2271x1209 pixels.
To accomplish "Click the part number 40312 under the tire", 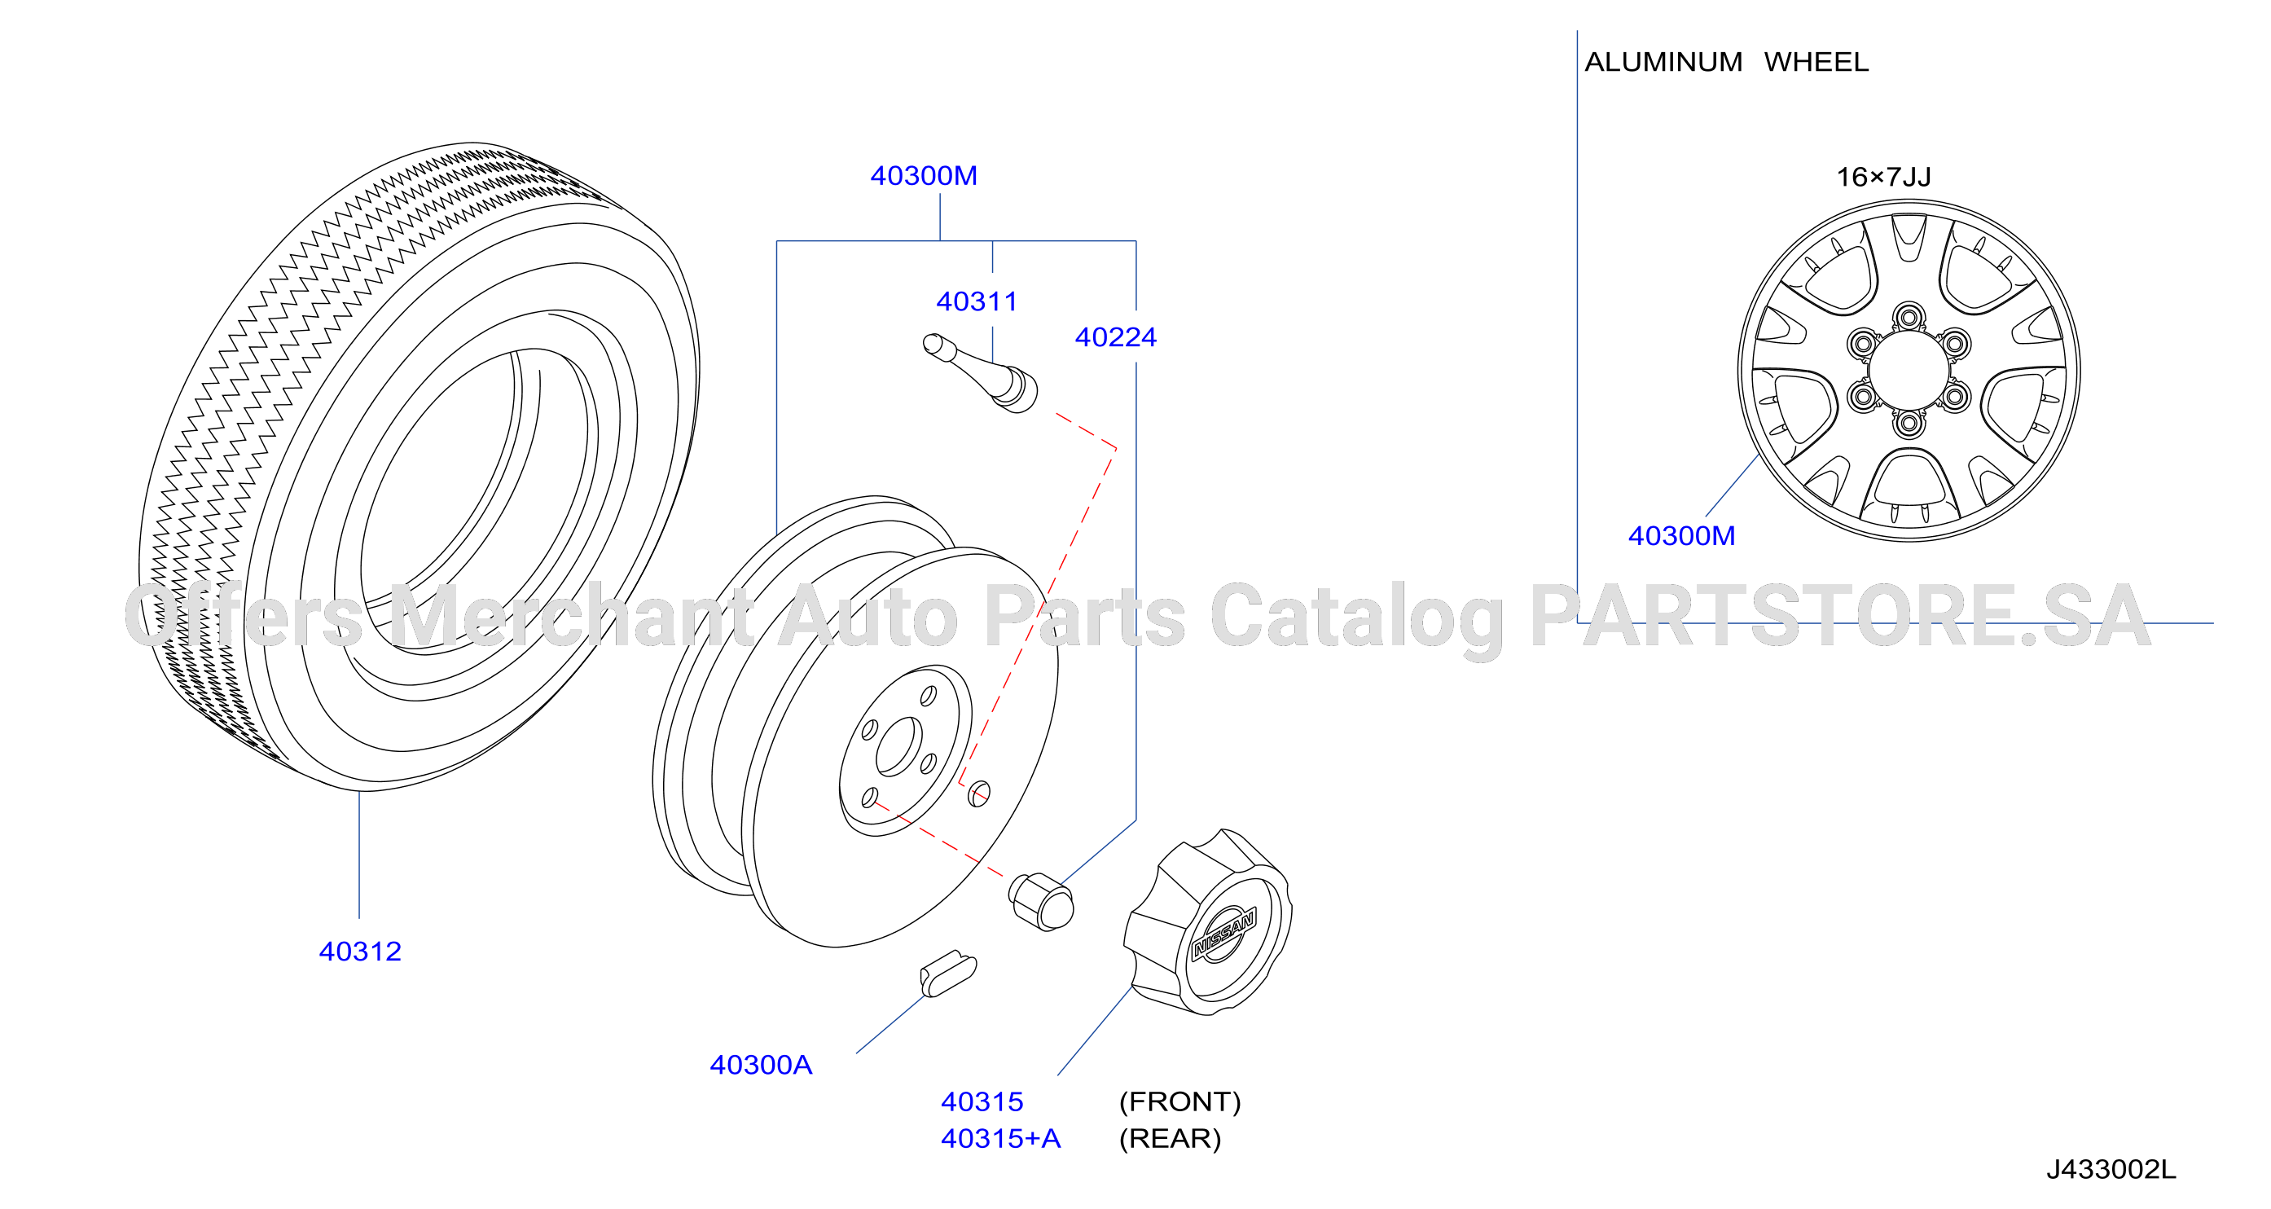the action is tap(360, 952).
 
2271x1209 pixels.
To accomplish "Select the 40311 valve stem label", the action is tap(977, 301).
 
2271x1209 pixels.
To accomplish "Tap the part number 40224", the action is tap(1115, 336).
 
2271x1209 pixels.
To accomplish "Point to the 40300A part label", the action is tap(761, 1066).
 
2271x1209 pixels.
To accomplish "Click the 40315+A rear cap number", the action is tap(1000, 1138).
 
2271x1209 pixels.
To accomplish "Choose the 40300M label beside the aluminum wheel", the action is tap(1681, 536).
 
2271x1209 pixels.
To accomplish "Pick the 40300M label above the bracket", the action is tap(924, 176).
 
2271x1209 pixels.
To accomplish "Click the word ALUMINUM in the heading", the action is tap(1663, 63).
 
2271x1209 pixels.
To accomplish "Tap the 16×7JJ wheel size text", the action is tap(1883, 178).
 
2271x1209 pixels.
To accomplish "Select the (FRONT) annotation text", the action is tap(1179, 1102).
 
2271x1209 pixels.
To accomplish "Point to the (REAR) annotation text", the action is tap(1170, 1139).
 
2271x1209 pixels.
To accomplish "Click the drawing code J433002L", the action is tap(2111, 1170).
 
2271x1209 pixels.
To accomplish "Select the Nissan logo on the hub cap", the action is tap(1223, 935).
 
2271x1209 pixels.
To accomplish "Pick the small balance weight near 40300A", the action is tap(947, 974).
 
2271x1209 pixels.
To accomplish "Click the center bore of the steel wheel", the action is tap(898, 747).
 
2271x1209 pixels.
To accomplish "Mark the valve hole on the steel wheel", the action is tap(978, 794).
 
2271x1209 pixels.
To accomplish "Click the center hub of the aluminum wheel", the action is tap(1909, 371).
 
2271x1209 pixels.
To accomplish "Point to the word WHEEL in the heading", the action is tap(1816, 63).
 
